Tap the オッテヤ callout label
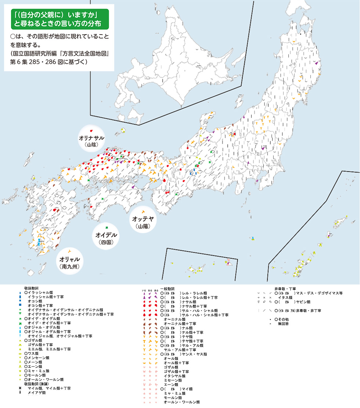(x=142, y=219)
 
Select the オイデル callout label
(x=106, y=235)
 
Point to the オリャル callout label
(x=69, y=258)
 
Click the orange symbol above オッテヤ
(x=142, y=211)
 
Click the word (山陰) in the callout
(x=91, y=145)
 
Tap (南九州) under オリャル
(x=69, y=265)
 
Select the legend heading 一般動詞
(x=168, y=289)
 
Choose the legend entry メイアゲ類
(x=37, y=393)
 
